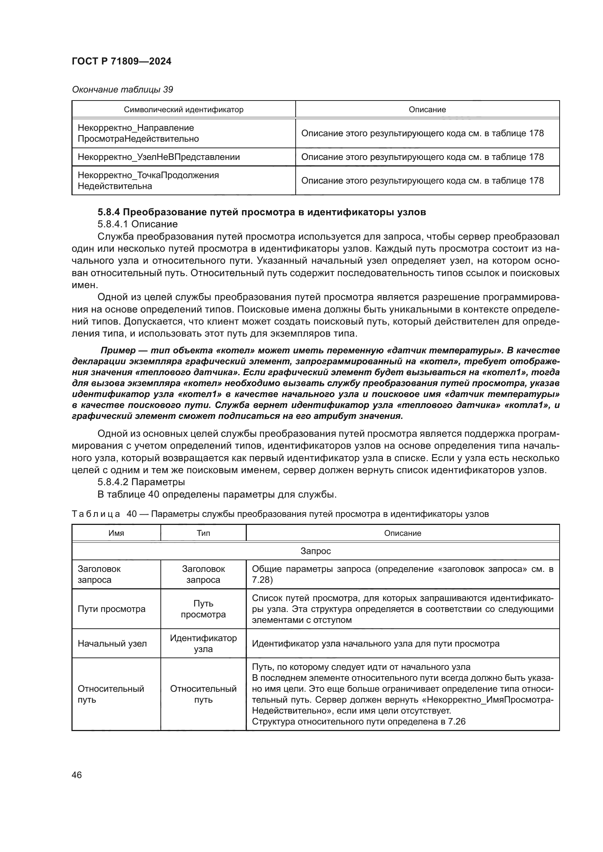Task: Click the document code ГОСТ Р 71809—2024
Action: [x=121, y=62]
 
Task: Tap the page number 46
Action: [x=77, y=775]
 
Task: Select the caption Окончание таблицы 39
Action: [x=122, y=90]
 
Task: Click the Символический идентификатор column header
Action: [x=183, y=110]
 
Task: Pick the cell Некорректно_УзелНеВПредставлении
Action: [x=159, y=157]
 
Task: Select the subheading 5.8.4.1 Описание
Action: [x=137, y=224]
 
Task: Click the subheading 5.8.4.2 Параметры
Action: [x=141, y=482]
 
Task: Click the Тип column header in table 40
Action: [x=203, y=533]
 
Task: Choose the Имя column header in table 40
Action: [x=116, y=533]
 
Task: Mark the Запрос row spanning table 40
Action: [x=315, y=551]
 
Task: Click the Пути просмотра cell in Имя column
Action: [x=112, y=609]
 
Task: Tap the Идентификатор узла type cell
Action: [x=203, y=643]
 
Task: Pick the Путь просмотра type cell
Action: [x=203, y=609]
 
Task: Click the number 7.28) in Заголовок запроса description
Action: [x=262, y=580]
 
